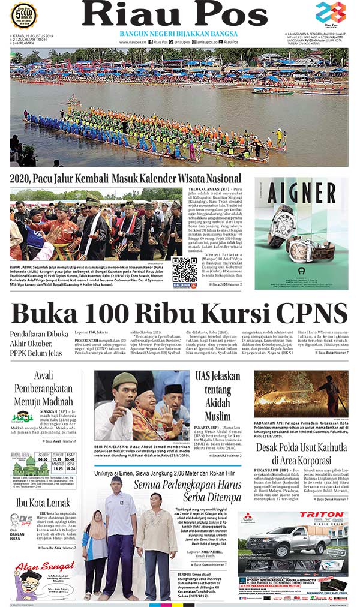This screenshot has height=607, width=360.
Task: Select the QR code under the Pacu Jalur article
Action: [184, 269]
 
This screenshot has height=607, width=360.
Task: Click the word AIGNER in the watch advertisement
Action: [301, 194]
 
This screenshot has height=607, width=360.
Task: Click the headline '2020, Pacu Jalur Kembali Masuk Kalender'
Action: [125, 179]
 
